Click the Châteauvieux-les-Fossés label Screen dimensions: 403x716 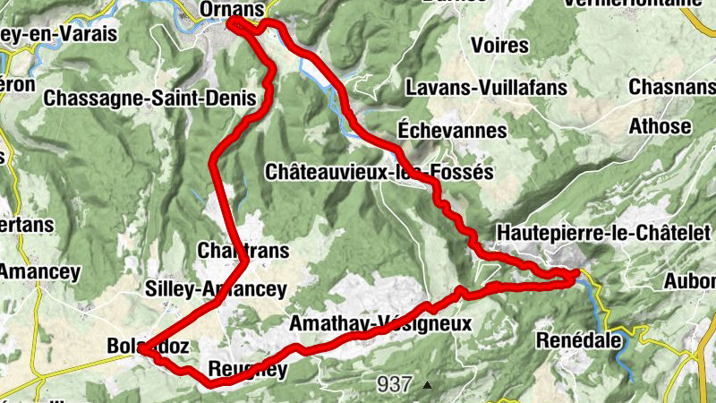point(379,171)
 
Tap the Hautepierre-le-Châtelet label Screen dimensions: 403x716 point(594,232)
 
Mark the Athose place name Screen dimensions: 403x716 point(661,125)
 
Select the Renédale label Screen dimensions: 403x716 point(578,340)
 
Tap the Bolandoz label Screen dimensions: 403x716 point(145,346)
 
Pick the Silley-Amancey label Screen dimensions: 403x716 point(216,288)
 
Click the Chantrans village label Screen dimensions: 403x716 point(243,252)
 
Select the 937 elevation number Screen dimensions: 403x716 point(394,384)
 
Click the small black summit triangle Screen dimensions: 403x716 point(428,385)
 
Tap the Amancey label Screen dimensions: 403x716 point(39,271)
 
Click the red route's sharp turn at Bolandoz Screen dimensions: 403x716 point(141,352)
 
